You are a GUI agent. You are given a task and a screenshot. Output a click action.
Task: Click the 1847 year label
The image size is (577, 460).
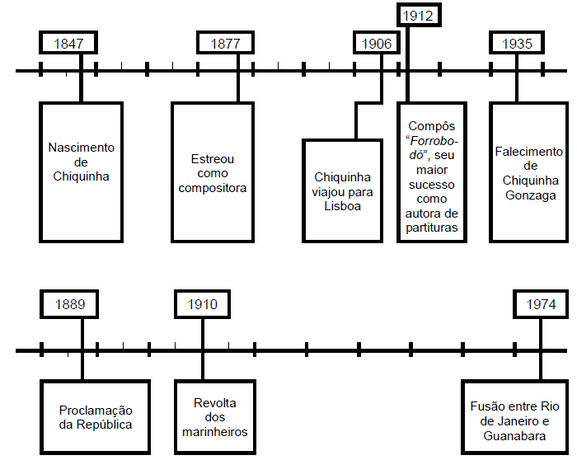pos(68,44)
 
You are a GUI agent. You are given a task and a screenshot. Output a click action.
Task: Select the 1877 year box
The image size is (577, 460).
pos(225,44)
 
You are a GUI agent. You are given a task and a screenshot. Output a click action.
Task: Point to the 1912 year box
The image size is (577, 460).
pos(417,14)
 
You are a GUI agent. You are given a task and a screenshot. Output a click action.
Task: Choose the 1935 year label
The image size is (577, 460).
pos(517,44)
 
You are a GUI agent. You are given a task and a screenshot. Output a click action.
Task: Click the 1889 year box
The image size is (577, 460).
pos(70,304)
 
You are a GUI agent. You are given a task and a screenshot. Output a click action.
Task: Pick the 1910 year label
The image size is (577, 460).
pos(203,304)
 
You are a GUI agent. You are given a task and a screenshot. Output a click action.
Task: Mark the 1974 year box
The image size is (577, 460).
pos(541,304)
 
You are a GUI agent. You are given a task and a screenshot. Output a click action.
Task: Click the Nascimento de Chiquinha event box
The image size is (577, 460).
pos(82,171)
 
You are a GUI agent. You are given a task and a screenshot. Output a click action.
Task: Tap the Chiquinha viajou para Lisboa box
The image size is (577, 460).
pos(343,190)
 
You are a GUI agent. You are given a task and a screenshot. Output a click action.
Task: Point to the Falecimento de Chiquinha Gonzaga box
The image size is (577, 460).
pos(529,171)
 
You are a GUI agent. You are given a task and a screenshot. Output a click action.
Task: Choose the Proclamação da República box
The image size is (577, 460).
pos(96,416)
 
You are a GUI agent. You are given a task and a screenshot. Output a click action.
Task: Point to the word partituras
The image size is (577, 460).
pos(432,228)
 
